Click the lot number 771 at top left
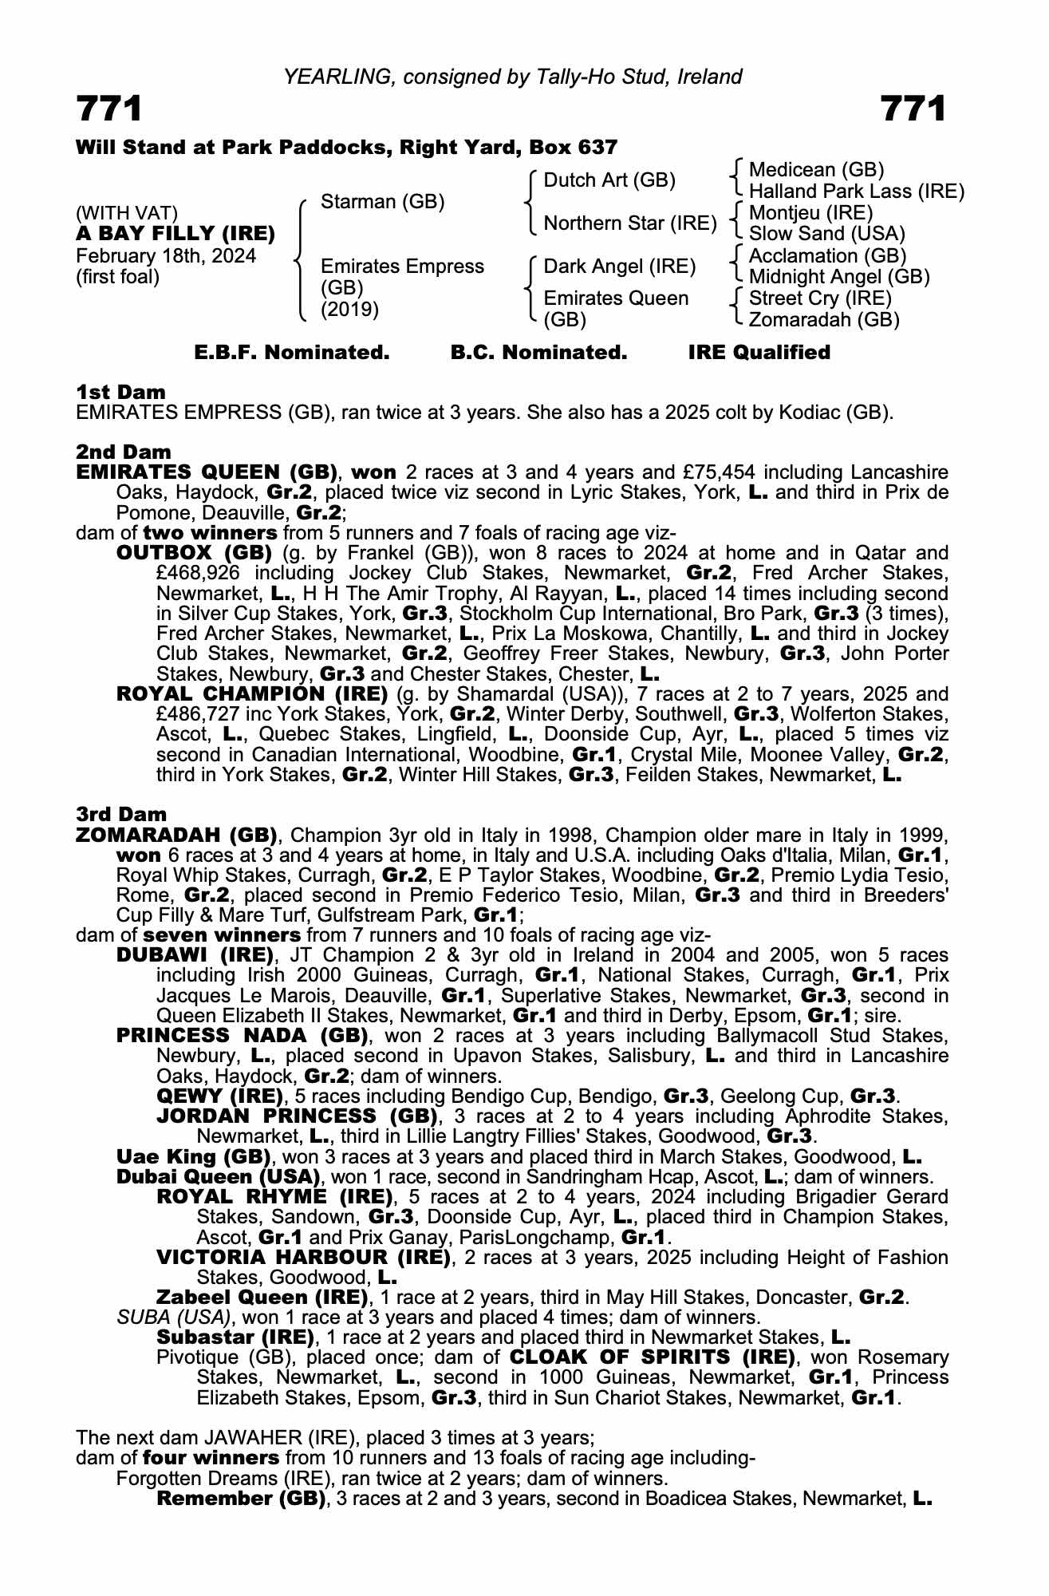tap(109, 109)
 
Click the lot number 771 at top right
tap(913, 109)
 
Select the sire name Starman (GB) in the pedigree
tap(382, 202)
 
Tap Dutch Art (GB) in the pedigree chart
tap(609, 180)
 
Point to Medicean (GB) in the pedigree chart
tap(816, 170)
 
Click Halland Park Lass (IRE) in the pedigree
tap(856, 192)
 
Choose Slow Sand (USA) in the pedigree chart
tap(826, 234)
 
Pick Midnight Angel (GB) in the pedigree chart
tap(839, 277)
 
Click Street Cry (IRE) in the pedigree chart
tap(820, 298)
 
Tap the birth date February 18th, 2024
tap(166, 256)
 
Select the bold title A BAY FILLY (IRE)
tap(175, 235)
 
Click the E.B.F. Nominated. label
tap(292, 353)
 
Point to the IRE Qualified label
tap(759, 353)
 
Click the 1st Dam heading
tap(120, 392)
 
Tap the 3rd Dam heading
tap(121, 814)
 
